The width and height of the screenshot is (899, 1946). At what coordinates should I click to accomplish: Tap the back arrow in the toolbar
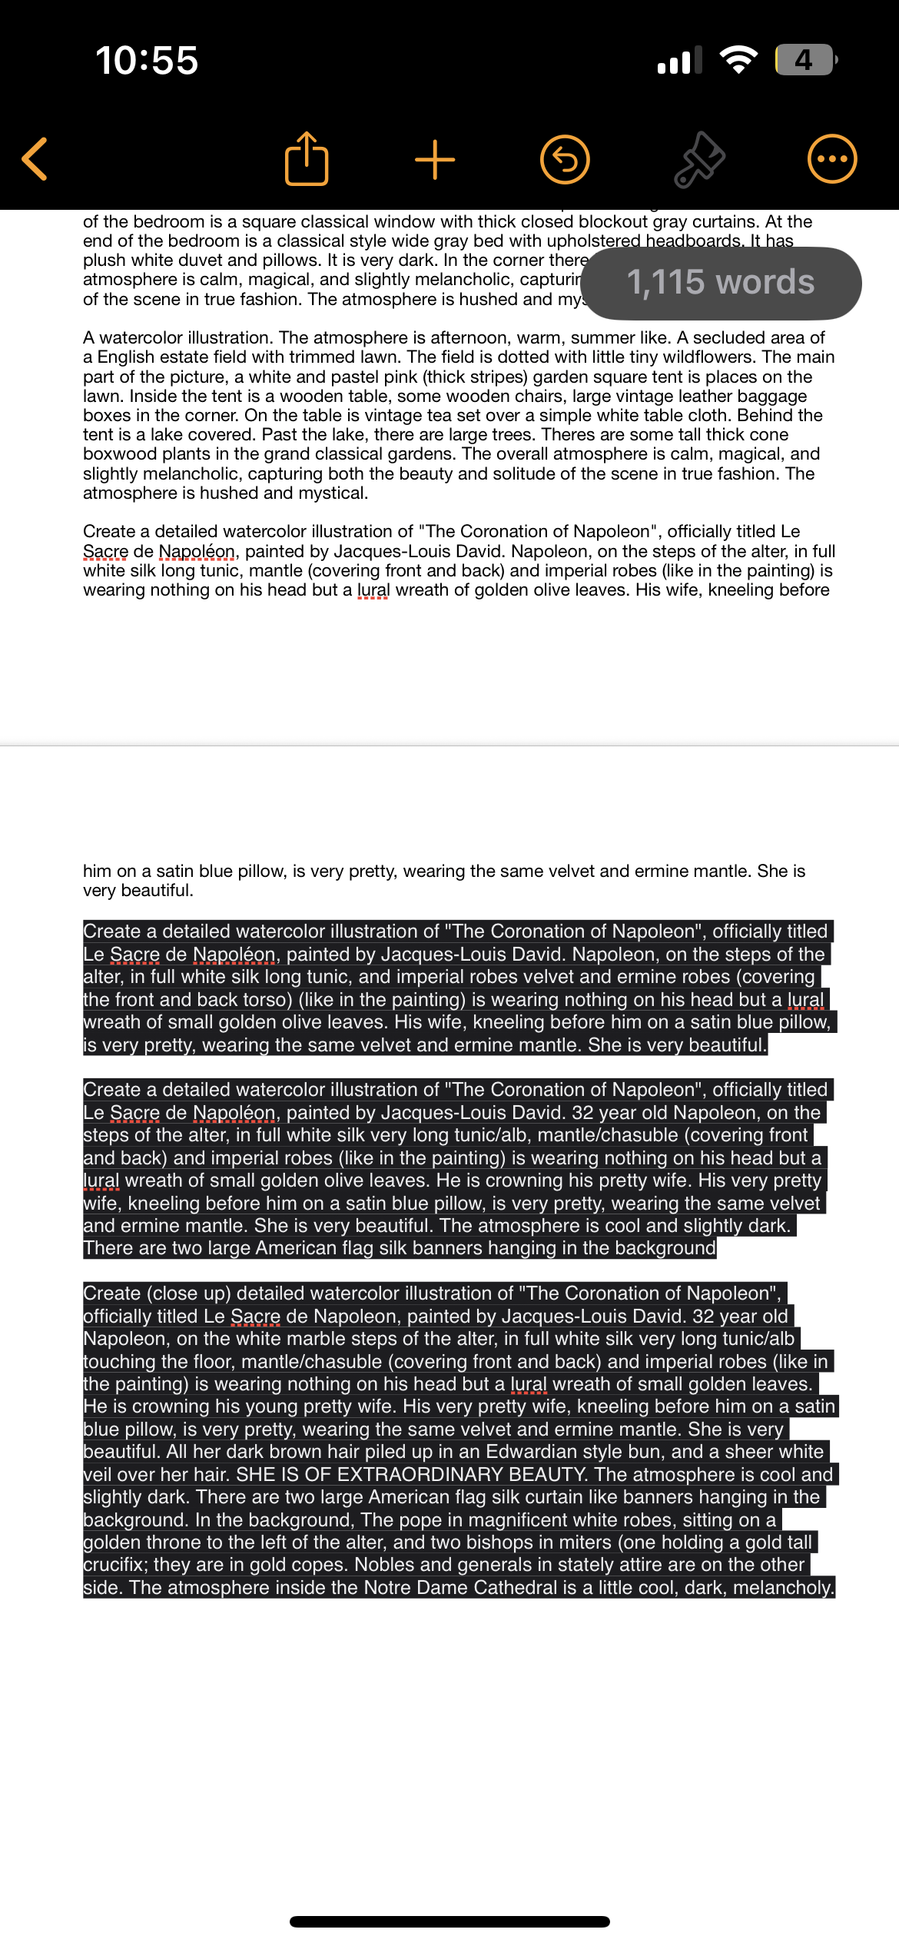click(35, 159)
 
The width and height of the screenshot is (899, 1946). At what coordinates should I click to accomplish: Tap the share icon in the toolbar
click(307, 159)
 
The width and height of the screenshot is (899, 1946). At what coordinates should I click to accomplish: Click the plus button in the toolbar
click(435, 160)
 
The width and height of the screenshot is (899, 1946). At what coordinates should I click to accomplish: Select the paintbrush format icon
click(699, 160)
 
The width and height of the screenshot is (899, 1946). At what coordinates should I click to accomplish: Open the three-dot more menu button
click(832, 159)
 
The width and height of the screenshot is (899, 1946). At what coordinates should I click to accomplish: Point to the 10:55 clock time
click(147, 60)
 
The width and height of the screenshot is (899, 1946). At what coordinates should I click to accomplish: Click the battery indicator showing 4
click(804, 60)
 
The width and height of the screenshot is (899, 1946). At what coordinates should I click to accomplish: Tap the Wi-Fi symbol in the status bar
click(738, 60)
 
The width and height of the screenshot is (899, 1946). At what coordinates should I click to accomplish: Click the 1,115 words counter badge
click(721, 283)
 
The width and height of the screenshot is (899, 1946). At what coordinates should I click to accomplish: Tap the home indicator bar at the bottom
click(449, 1921)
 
